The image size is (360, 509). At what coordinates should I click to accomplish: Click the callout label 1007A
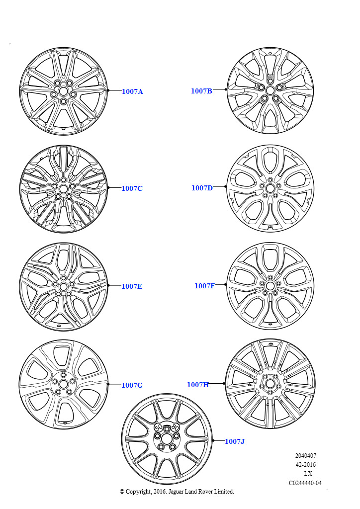(x=132, y=91)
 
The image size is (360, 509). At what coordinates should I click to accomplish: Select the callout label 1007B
(x=201, y=91)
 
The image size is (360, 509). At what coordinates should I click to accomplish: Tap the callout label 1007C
(x=132, y=188)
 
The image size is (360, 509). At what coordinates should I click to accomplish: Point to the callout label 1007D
(x=202, y=188)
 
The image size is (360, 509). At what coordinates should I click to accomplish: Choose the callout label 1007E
(x=132, y=286)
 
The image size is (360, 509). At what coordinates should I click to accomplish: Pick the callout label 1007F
(x=204, y=286)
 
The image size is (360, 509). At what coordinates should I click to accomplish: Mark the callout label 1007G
(x=132, y=385)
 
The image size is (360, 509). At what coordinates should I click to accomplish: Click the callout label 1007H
(x=198, y=385)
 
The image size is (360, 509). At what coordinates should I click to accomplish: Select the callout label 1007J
(x=235, y=441)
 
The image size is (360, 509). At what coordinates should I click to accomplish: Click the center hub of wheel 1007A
(x=63, y=92)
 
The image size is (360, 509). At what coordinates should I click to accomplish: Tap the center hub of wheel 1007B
(x=270, y=90)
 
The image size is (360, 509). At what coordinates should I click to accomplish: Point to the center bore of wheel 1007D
(x=270, y=188)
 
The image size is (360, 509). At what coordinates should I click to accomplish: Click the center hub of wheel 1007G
(x=63, y=384)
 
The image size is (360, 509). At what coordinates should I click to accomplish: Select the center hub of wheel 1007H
(x=270, y=384)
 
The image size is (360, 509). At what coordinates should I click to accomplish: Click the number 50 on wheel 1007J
(x=159, y=426)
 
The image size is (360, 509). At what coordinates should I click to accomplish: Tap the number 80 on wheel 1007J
(x=175, y=427)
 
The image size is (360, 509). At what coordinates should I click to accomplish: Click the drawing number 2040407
(x=305, y=456)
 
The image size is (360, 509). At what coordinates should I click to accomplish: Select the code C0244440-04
(x=305, y=483)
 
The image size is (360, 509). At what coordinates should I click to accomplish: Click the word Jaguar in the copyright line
(x=176, y=492)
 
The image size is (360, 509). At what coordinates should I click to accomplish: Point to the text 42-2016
(x=305, y=465)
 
